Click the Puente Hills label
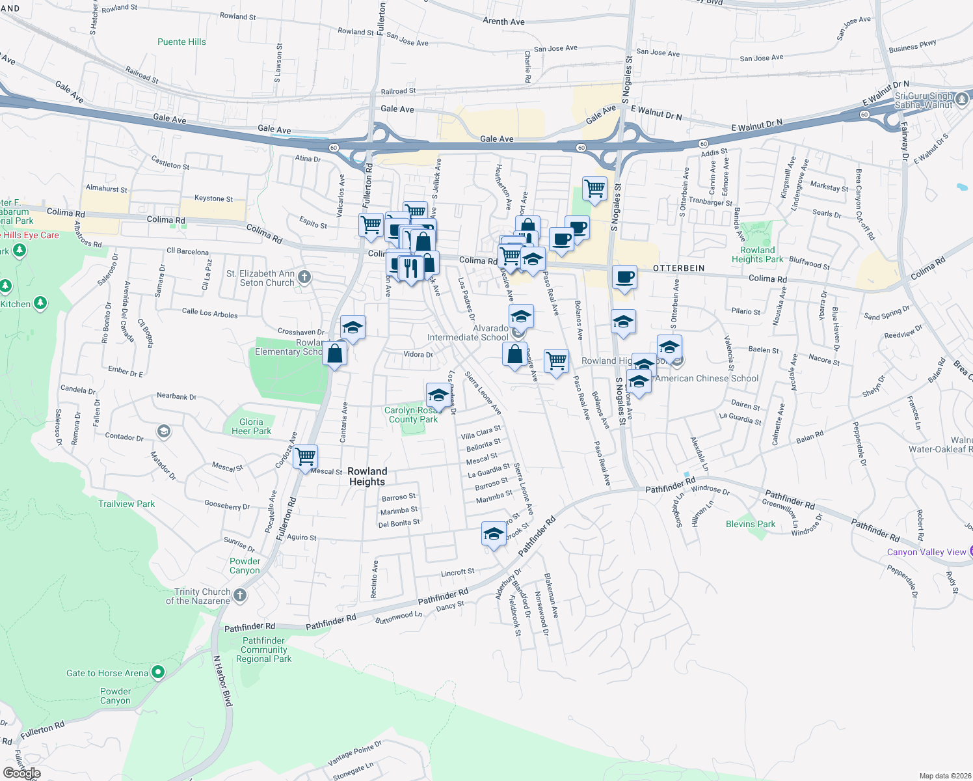pyautogui.click(x=181, y=42)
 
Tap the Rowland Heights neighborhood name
pyautogui.click(x=367, y=476)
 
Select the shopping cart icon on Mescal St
pyautogui.click(x=305, y=457)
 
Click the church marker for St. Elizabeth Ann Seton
pyautogui.click(x=304, y=278)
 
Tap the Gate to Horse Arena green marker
pyautogui.click(x=158, y=672)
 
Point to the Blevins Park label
pyautogui.click(x=751, y=524)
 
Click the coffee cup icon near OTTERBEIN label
pyautogui.click(x=624, y=277)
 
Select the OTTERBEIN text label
pyautogui.click(x=678, y=268)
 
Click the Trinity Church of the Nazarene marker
pyautogui.click(x=240, y=595)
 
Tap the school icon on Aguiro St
pyautogui.click(x=494, y=534)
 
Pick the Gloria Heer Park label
pyautogui.click(x=251, y=426)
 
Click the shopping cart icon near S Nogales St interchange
pyautogui.click(x=594, y=189)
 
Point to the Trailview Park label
pyautogui.click(x=126, y=504)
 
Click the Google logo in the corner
pyautogui.click(x=21, y=773)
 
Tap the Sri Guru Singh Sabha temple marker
pyautogui.click(x=963, y=100)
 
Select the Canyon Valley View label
pyautogui.click(x=926, y=552)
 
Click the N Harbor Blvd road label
pyautogui.click(x=223, y=681)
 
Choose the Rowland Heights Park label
pyautogui.click(x=757, y=254)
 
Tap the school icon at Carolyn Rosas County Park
pyautogui.click(x=438, y=395)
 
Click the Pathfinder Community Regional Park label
pyautogui.click(x=263, y=650)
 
